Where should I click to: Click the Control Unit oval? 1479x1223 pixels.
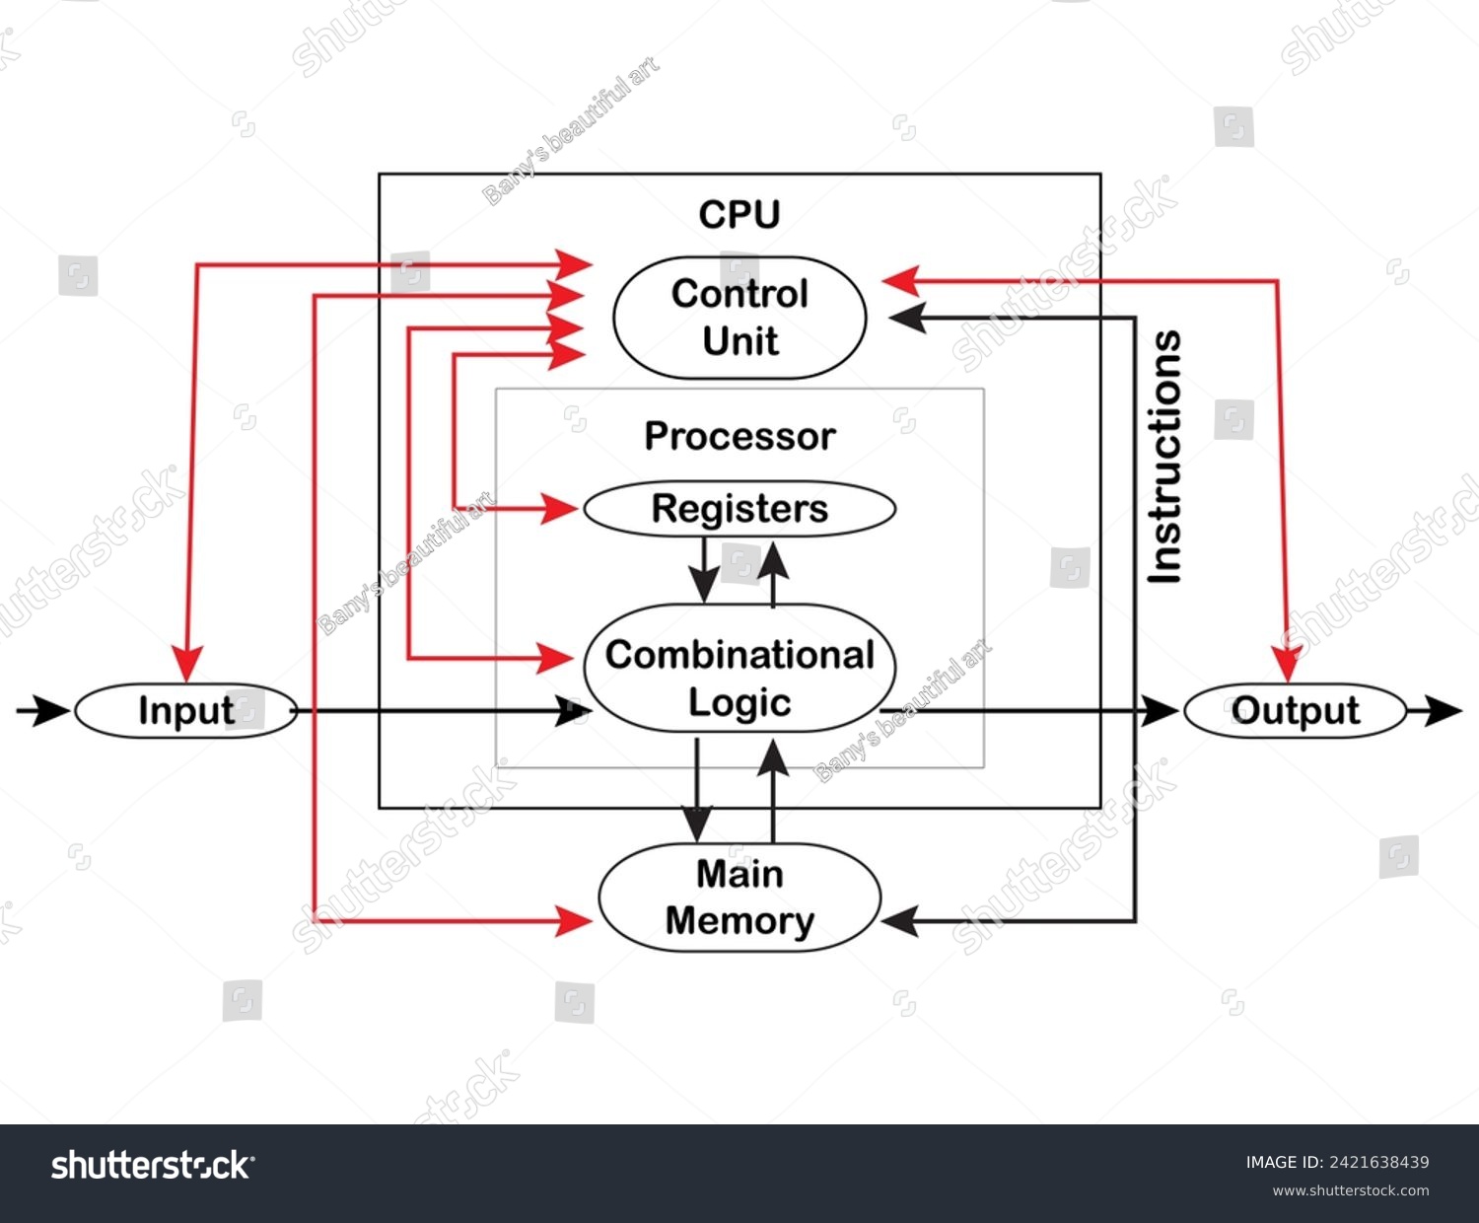pyautogui.click(x=739, y=318)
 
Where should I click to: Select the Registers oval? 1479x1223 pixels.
pyautogui.click(x=739, y=509)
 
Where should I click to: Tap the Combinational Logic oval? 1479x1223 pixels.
pyautogui.click(x=739, y=669)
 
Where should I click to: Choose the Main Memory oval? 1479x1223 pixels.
pyautogui.click(x=739, y=898)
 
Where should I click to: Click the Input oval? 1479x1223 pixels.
pyautogui.click(x=185, y=710)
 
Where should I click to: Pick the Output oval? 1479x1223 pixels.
pyautogui.click(x=1295, y=710)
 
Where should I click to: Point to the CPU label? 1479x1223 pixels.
pyautogui.click(x=739, y=214)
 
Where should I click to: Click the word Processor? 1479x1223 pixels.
pyautogui.click(x=739, y=436)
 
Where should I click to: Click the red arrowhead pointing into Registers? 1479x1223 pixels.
pyautogui.click(x=560, y=509)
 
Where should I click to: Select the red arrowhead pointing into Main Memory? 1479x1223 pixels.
pyautogui.click(x=574, y=921)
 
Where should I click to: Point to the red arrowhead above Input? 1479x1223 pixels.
pyautogui.click(x=186, y=664)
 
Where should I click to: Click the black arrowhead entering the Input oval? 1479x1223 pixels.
pyautogui.click(x=51, y=710)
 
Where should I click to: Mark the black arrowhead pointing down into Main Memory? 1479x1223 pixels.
pyautogui.click(x=697, y=825)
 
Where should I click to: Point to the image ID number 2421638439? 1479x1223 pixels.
pyautogui.click(x=1376, y=1162)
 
